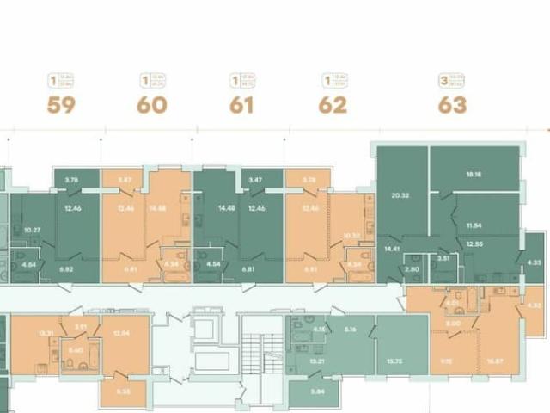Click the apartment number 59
click(62, 106)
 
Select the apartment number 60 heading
click(152, 106)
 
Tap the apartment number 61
click(242, 106)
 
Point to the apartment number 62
click(333, 106)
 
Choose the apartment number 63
click(453, 106)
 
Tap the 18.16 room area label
click(475, 174)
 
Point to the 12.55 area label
click(475, 243)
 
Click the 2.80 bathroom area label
click(412, 270)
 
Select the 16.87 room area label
click(491, 362)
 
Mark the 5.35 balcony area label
click(126, 391)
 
